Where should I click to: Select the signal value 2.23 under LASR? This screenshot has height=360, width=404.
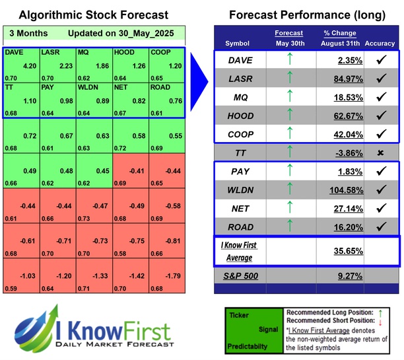click(65, 65)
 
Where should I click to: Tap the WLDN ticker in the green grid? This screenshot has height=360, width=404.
click(88, 86)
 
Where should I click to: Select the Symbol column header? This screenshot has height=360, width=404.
click(238, 43)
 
